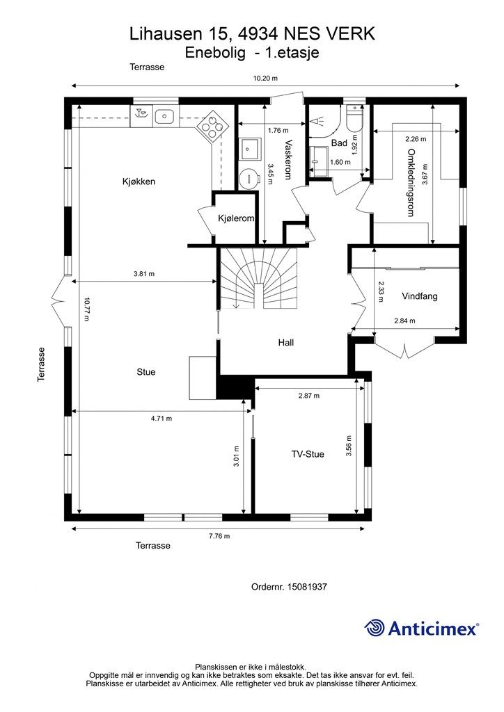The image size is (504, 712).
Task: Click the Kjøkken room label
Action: click(139, 181)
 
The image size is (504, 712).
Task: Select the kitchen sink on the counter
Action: click(164, 117)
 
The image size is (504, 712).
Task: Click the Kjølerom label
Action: click(236, 218)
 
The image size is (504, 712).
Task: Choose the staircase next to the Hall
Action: click(258, 278)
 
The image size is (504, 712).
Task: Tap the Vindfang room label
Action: click(420, 296)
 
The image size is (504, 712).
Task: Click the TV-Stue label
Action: click(308, 454)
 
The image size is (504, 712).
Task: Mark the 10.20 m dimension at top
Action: click(265, 78)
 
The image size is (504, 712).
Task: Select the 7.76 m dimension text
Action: click(219, 536)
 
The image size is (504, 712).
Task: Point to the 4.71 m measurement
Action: click(162, 418)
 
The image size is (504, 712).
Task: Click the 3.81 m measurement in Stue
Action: click(143, 274)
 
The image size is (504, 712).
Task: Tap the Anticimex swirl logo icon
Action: click(375, 629)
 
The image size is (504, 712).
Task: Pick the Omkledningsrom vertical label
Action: click(411, 183)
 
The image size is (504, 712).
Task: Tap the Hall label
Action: click(286, 343)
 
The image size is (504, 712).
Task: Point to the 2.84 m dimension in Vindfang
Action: click(404, 321)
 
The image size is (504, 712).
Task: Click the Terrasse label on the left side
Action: click(41, 364)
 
